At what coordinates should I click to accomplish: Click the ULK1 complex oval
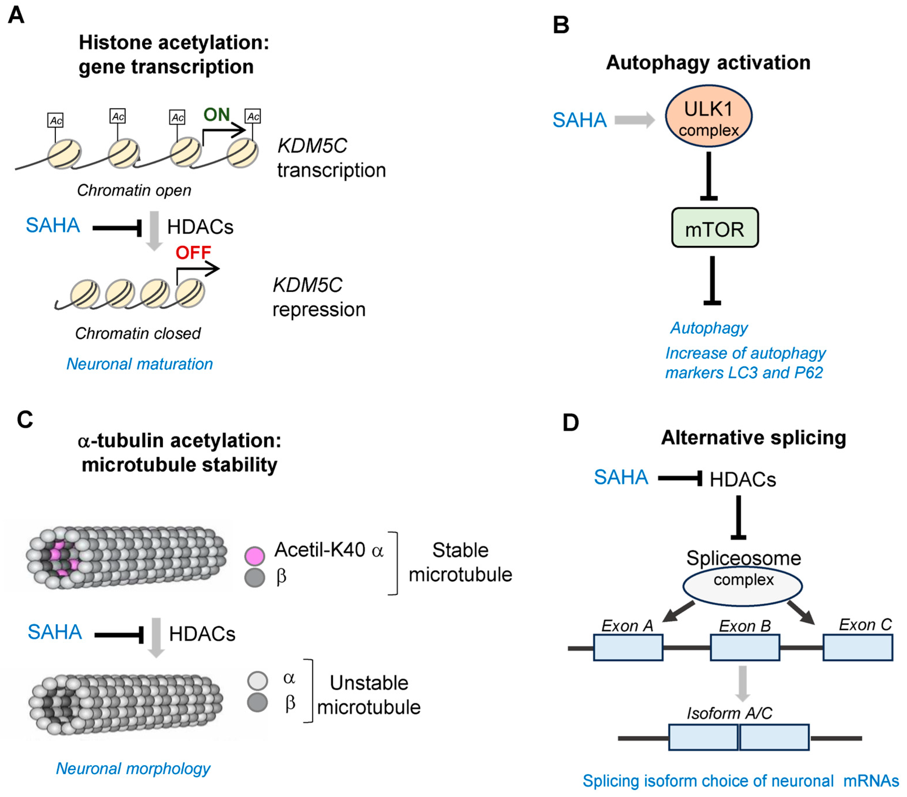(708, 116)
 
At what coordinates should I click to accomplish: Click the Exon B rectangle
(745, 647)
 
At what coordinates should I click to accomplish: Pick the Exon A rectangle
(628, 647)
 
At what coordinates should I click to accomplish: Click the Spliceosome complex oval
(742, 586)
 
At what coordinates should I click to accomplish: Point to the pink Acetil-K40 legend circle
(255, 555)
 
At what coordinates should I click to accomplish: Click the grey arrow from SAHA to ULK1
(635, 120)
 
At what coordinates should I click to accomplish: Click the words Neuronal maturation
(139, 364)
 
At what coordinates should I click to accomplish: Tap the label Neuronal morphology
(133, 768)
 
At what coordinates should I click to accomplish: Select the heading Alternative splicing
(753, 438)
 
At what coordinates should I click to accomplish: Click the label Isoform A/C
(729, 713)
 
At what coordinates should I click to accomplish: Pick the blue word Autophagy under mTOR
(709, 328)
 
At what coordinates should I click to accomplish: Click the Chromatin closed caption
(138, 333)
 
